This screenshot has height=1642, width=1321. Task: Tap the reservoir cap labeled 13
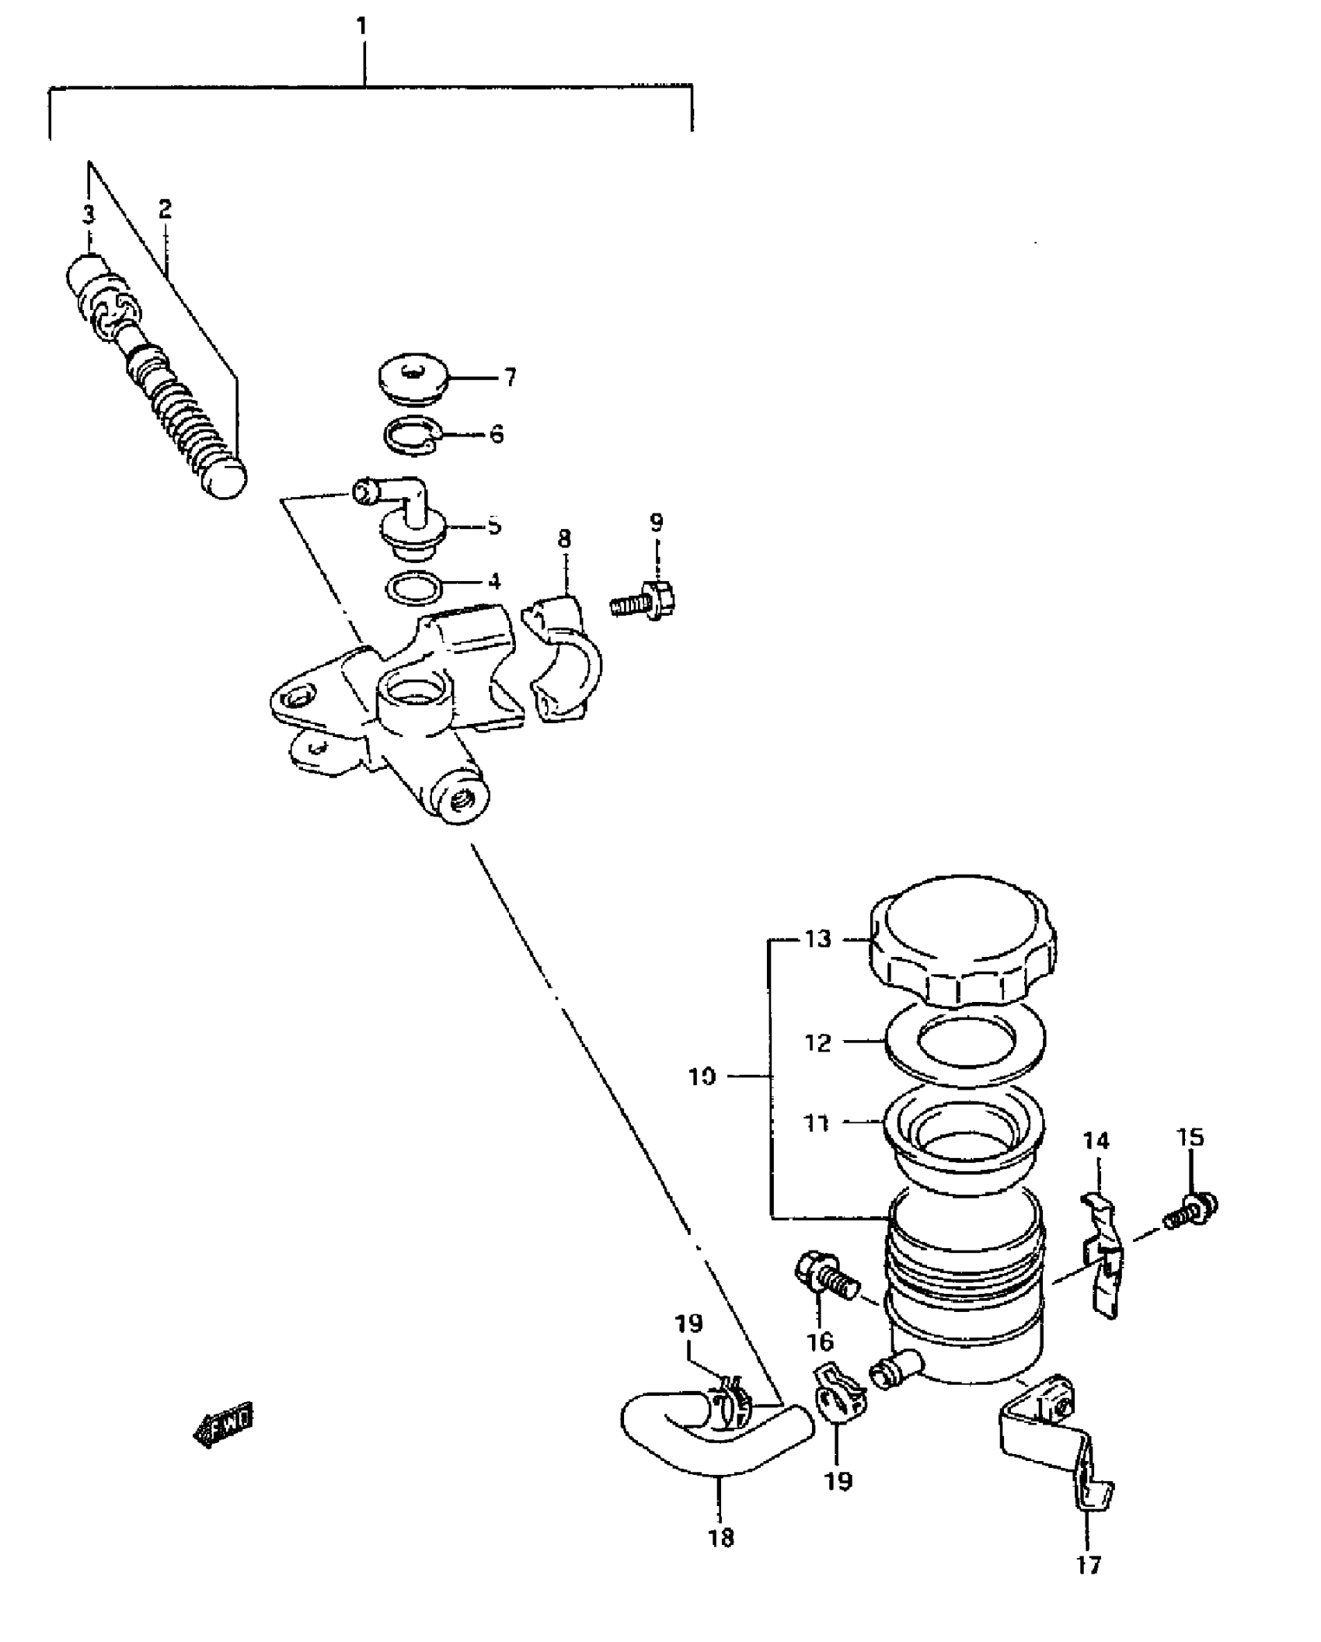(963, 949)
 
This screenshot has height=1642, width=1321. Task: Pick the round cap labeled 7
(413, 381)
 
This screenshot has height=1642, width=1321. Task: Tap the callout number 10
(702, 1077)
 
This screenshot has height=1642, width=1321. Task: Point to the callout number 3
(89, 214)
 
